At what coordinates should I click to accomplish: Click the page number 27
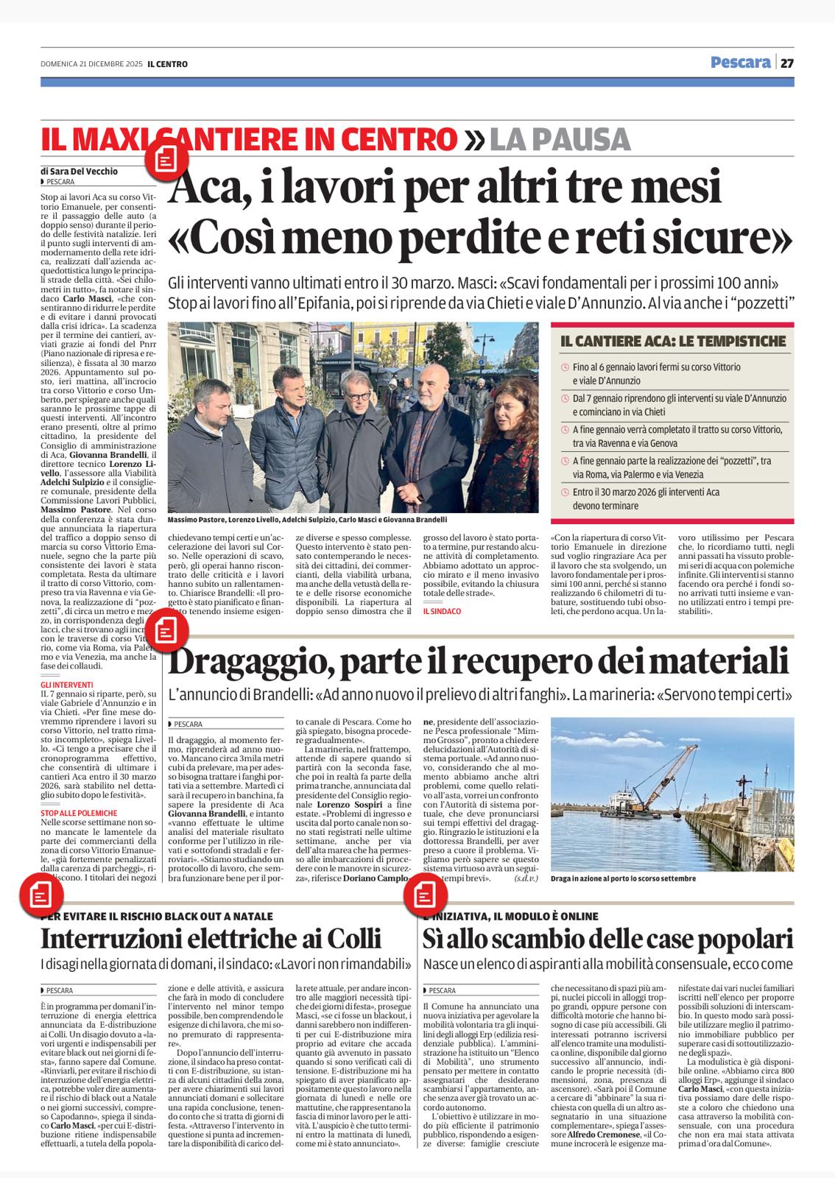(787, 63)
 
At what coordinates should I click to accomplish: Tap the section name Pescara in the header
(740, 63)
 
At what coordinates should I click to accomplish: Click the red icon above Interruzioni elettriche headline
(40, 895)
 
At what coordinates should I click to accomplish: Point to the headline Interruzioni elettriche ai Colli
(211, 939)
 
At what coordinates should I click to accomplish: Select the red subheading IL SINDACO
(442, 611)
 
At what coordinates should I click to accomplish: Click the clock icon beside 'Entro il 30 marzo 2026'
(565, 493)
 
